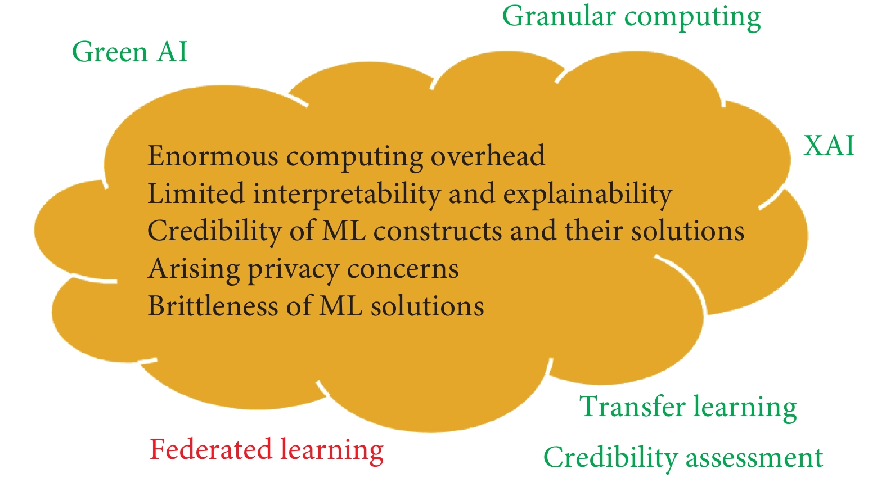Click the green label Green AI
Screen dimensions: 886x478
(x=130, y=52)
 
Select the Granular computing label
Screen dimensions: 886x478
(x=632, y=18)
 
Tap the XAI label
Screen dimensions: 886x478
(x=829, y=146)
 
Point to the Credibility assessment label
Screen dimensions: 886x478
(x=683, y=458)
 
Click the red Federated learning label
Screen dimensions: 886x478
(x=267, y=450)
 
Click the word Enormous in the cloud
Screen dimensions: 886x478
(x=213, y=156)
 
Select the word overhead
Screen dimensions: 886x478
(x=488, y=156)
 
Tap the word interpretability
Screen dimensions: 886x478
(x=347, y=195)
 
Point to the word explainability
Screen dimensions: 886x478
(x=588, y=195)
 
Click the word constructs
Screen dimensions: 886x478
(x=438, y=231)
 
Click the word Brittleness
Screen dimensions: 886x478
(x=213, y=306)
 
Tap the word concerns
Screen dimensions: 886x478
(x=403, y=269)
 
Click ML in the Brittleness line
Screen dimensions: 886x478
(x=340, y=306)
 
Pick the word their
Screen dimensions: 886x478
(x=593, y=231)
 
